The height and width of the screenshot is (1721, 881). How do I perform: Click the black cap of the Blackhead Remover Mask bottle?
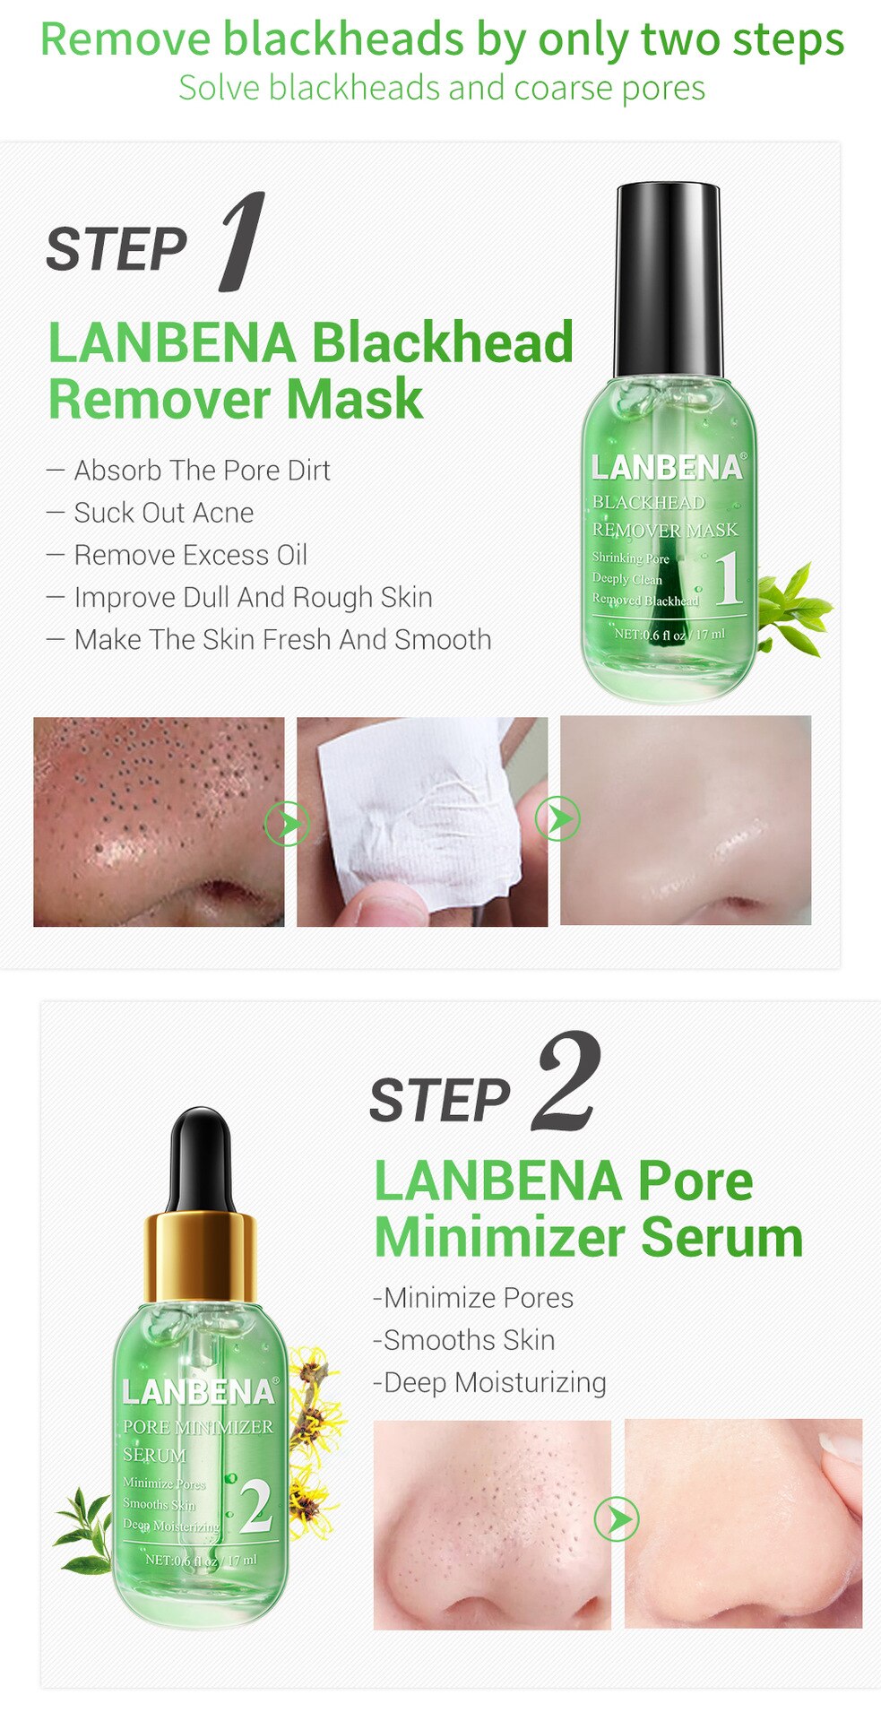point(668,278)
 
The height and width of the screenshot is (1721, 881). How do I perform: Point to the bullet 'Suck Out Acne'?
point(163,513)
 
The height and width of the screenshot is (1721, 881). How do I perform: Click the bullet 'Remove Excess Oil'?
point(190,555)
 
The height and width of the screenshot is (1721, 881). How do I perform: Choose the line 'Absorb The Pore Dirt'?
point(202,471)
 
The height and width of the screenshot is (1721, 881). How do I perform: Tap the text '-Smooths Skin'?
point(464,1340)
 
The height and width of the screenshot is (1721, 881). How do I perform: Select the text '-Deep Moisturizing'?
point(489,1382)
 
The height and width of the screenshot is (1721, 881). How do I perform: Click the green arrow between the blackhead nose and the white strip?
point(287,823)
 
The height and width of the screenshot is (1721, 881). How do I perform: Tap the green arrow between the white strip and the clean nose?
point(557,818)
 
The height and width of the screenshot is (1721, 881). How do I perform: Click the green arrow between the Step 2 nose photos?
point(617,1518)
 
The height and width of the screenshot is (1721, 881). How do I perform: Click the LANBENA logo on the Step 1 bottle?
point(667,468)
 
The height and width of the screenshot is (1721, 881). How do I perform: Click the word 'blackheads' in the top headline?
point(344,40)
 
